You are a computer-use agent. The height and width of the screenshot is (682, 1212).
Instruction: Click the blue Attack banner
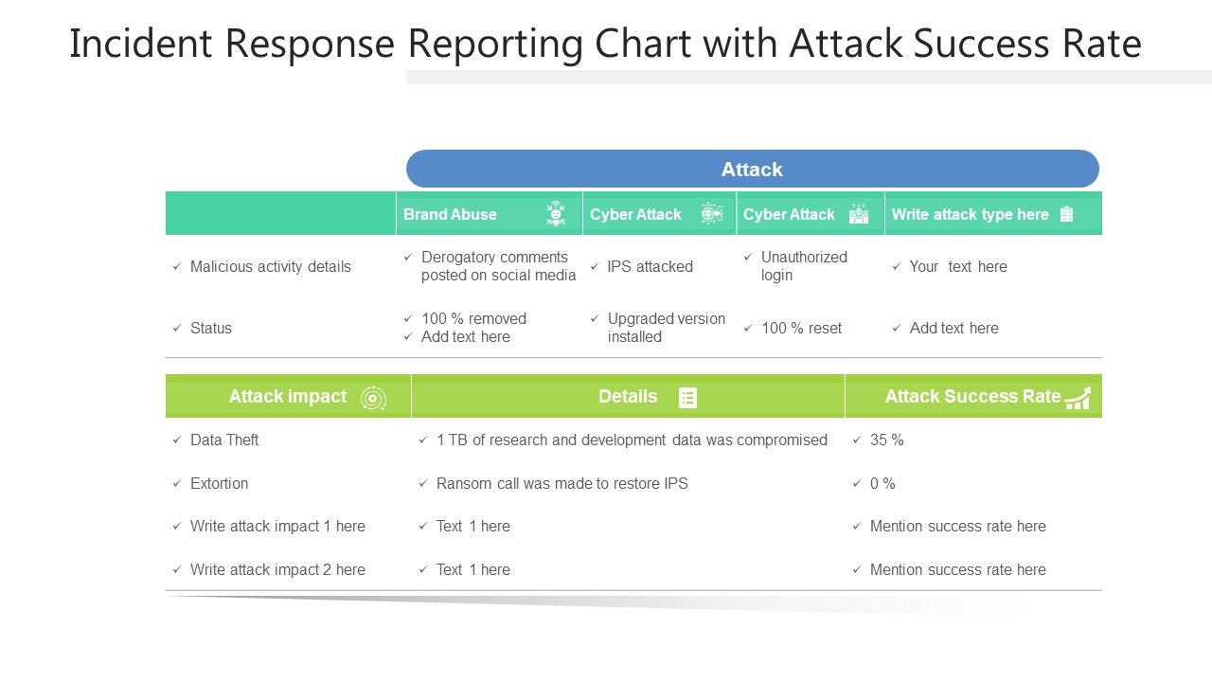[752, 169]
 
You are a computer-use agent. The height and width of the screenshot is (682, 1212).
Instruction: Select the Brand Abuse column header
[451, 214]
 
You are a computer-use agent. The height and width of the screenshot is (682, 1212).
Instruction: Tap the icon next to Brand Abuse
[556, 214]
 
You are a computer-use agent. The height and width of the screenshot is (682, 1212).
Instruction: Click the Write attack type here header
[970, 214]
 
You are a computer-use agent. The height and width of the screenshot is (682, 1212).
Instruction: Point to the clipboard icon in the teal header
[1066, 214]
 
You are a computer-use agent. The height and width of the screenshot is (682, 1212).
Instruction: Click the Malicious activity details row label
[270, 266]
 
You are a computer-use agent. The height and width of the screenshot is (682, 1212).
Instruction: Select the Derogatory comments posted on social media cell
[498, 266]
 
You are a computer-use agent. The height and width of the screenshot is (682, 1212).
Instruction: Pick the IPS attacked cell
[650, 266]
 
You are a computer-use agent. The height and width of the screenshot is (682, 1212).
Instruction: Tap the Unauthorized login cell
[803, 266]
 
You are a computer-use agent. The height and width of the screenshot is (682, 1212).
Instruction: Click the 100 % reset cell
[801, 328]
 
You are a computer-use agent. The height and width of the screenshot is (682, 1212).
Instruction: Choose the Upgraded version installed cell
[666, 328]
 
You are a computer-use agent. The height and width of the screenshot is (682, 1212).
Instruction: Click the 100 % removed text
[473, 318]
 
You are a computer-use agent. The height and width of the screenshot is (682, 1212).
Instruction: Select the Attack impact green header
[288, 396]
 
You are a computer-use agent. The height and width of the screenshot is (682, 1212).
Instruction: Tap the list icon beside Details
[688, 398]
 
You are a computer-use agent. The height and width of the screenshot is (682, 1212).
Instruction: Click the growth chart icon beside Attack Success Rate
[1078, 398]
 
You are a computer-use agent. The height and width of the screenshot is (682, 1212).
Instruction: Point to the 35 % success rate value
[886, 440]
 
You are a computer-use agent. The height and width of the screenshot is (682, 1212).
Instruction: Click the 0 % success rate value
[882, 483]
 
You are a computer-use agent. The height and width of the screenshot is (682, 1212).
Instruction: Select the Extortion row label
[219, 483]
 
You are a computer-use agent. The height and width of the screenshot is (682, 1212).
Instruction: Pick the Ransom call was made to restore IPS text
[561, 483]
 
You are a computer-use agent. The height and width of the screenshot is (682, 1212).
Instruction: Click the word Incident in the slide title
[134, 44]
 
